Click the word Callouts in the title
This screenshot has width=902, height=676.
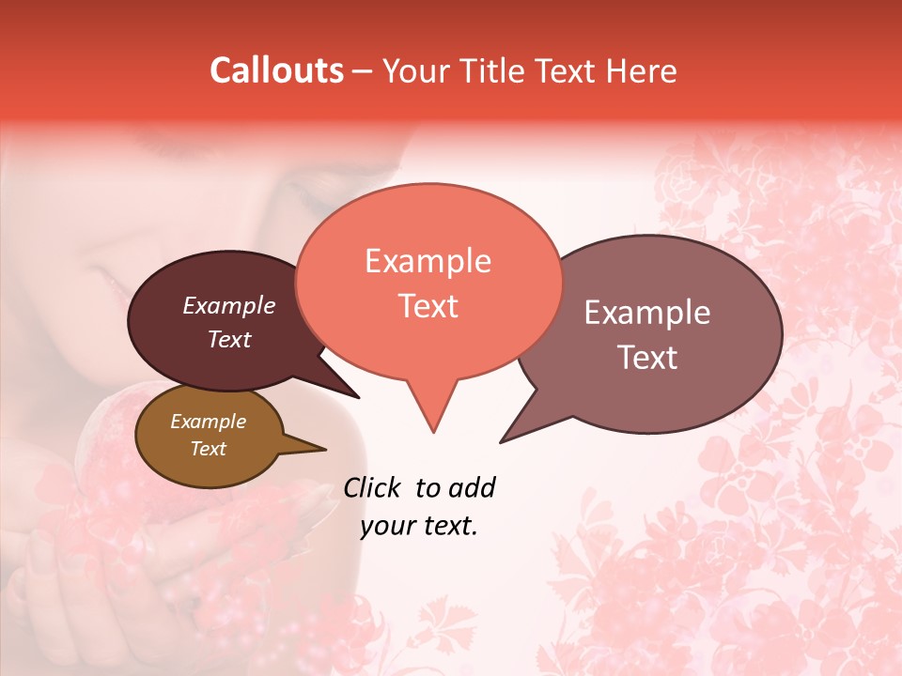276,70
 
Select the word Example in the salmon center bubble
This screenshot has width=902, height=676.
428,261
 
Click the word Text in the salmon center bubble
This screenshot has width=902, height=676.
428,306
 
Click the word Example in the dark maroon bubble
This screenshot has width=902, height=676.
228,306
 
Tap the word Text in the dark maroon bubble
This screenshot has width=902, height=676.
228,340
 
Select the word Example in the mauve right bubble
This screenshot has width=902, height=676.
647,313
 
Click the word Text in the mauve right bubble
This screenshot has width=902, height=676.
647,358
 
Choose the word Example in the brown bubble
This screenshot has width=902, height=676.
208,422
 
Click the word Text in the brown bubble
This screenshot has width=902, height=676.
208,449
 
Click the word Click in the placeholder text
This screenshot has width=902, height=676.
372,488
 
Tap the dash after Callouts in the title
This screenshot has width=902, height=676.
363,71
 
